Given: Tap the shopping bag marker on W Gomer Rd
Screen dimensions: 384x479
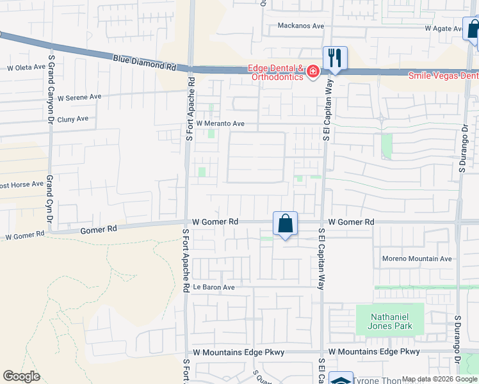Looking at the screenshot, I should (285, 225).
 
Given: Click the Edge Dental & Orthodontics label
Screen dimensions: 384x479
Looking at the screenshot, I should (276, 73).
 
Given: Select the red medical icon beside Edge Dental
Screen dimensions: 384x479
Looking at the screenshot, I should (313, 72).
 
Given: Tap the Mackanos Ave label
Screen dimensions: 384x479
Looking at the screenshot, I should (300, 26).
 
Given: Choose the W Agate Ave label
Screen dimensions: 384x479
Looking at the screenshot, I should (444, 29).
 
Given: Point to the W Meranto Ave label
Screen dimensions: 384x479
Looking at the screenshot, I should (221, 124).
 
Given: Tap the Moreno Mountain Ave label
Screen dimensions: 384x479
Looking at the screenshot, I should (417, 259).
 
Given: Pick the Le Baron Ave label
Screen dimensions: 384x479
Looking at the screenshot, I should (214, 287).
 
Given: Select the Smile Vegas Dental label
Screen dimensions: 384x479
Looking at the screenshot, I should (443, 75).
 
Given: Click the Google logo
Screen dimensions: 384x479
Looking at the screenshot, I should (21, 376).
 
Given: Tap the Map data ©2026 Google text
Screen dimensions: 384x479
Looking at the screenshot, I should (439, 380).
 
